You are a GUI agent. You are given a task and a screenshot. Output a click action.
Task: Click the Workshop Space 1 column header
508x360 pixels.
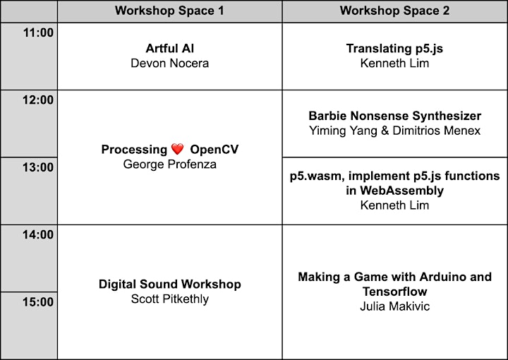click(x=169, y=11)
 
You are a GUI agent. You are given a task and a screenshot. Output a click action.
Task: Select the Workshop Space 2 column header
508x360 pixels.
click(x=394, y=11)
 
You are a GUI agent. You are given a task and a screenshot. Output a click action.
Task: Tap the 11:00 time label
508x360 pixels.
click(x=38, y=32)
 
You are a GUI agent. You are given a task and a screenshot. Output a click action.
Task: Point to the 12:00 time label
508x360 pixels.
click(x=38, y=100)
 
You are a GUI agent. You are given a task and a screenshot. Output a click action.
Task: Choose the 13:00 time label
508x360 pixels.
click(x=38, y=167)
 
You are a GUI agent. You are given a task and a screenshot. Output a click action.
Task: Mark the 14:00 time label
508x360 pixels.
click(x=38, y=234)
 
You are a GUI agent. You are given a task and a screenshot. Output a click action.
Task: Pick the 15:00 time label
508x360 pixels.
click(x=38, y=302)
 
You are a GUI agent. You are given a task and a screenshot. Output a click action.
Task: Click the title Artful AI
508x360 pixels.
click(x=170, y=49)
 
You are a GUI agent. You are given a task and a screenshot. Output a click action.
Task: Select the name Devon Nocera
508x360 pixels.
click(x=170, y=64)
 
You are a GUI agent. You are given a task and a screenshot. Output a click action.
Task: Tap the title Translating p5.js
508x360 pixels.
click(x=394, y=49)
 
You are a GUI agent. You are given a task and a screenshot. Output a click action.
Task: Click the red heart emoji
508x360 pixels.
click(x=177, y=149)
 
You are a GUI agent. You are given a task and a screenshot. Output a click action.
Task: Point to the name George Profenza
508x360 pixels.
click(x=170, y=164)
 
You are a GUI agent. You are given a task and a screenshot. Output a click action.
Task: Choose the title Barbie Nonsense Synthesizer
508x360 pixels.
click(x=394, y=116)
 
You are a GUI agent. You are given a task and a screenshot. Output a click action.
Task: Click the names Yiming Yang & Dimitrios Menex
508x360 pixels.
click(x=394, y=131)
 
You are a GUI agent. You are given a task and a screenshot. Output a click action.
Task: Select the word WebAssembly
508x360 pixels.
click(x=401, y=191)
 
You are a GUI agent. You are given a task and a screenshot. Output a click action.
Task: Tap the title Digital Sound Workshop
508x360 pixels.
click(x=170, y=284)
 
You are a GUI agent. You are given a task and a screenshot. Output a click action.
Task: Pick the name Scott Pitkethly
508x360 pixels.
click(x=170, y=299)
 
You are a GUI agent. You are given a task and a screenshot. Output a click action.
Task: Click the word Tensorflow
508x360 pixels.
click(x=394, y=292)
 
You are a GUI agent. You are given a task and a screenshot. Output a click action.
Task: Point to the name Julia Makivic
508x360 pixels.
click(x=394, y=306)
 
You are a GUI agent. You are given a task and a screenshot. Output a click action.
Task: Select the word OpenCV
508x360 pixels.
click(x=214, y=150)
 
